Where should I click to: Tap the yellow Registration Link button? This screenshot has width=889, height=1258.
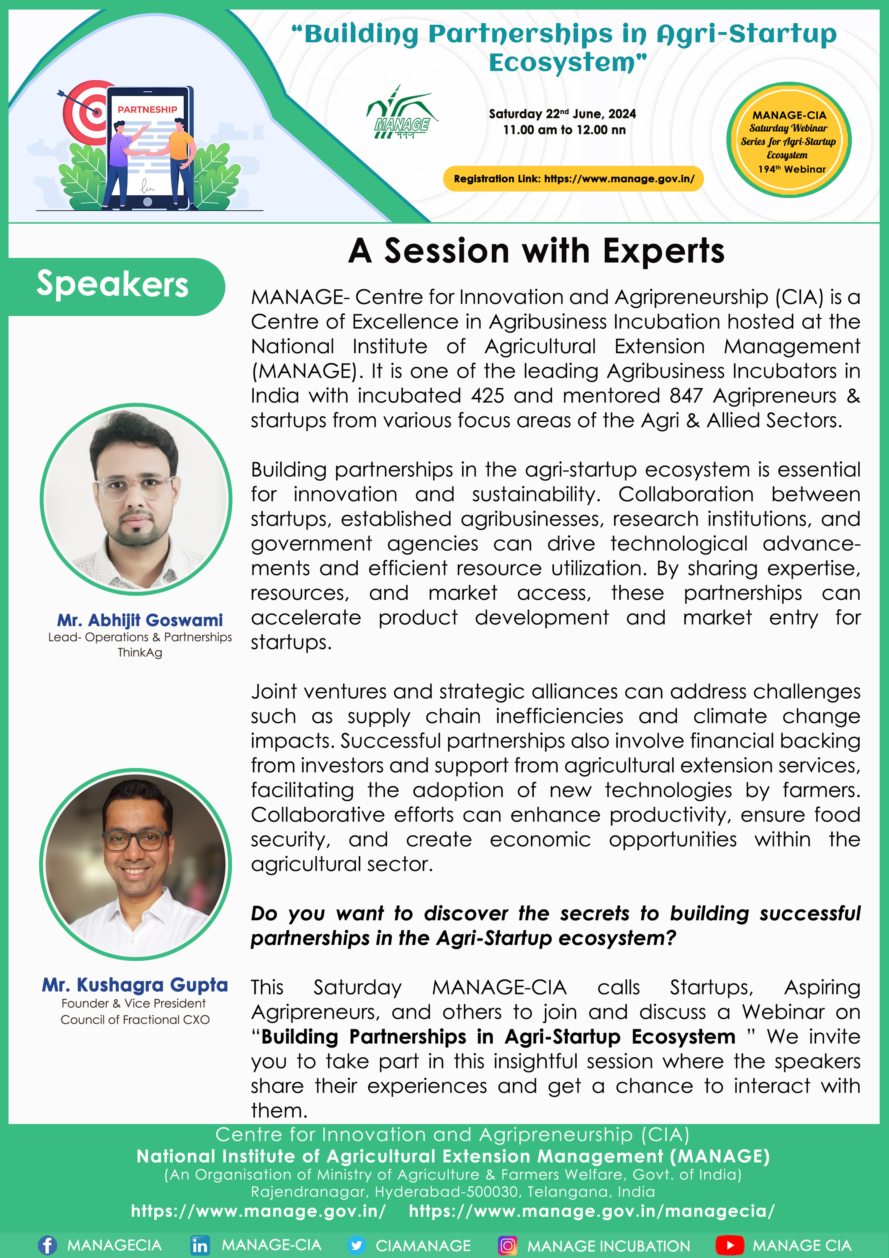coord(573,179)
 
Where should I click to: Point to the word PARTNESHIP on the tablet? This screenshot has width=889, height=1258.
coord(147,110)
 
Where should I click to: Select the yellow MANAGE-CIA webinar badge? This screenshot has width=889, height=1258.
coord(789,140)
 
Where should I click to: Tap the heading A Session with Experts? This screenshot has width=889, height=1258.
coord(537,251)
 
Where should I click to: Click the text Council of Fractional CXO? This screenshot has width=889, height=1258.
coord(135,1020)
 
